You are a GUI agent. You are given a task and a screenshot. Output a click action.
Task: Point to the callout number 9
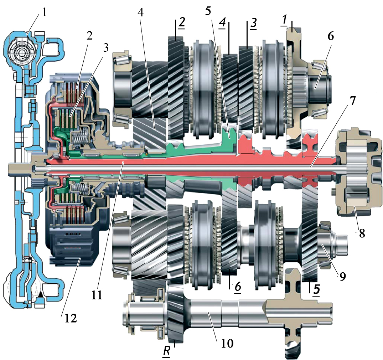coord(342,276)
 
